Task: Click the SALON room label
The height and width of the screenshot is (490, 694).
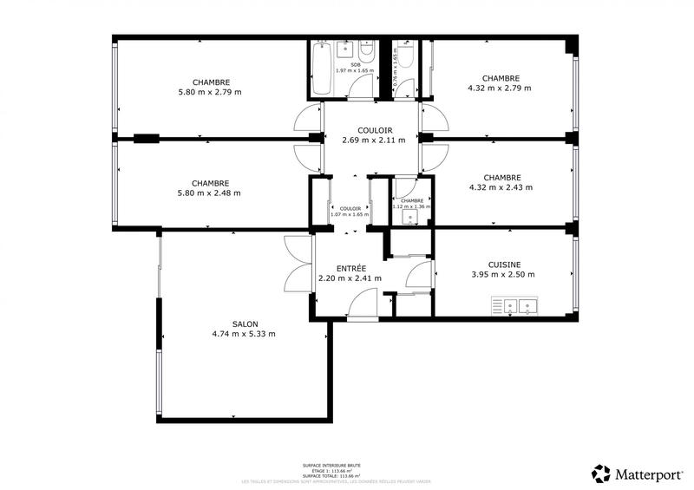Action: [x=244, y=323]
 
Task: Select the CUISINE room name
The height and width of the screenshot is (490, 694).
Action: [x=504, y=265]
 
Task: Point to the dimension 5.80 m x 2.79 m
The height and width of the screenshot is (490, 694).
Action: [x=210, y=91]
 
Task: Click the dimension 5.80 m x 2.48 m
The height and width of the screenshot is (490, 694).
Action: [x=210, y=193]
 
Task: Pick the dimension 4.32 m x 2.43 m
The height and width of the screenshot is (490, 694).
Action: [x=501, y=186]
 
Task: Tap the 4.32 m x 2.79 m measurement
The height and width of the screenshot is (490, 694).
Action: [x=499, y=87]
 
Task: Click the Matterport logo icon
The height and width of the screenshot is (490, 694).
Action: [x=602, y=474]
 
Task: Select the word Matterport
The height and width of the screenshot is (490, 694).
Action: [x=649, y=474]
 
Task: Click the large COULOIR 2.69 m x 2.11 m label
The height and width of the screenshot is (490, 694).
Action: [x=373, y=135]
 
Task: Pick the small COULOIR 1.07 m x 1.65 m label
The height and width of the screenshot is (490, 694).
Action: [x=350, y=212]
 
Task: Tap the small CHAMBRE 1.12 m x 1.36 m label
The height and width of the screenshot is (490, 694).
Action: [x=412, y=204]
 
